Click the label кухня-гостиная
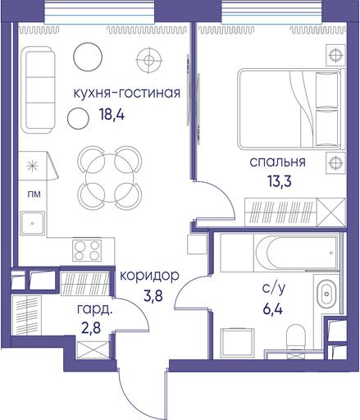coord(127,94)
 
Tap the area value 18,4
coord(112,115)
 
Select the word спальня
coord(277,162)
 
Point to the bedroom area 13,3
coord(280,181)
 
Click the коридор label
coord(149,276)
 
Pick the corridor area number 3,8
coord(153,295)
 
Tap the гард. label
coord(94,310)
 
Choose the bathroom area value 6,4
coord(272,309)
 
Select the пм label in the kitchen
coord(34,194)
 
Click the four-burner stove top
coord(87,250)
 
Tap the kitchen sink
coord(33,223)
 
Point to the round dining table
coord(110,178)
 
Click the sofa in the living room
coord(39,90)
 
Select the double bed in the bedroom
coord(289,109)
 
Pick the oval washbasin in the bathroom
coord(326,294)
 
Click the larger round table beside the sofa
coord(88,57)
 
